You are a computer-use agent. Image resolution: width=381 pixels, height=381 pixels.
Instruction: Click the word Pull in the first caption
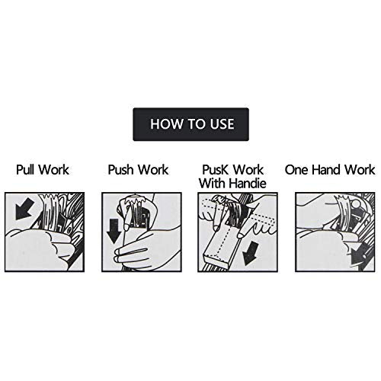click(x=25, y=169)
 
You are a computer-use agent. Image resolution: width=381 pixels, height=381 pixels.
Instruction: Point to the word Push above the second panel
click(x=120, y=170)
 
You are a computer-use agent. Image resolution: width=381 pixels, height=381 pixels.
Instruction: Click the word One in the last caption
click(x=296, y=169)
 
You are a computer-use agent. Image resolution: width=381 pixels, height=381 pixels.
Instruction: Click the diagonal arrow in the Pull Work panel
click(x=24, y=209)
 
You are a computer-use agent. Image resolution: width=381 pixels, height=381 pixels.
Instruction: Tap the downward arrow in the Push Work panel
click(x=114, y=231)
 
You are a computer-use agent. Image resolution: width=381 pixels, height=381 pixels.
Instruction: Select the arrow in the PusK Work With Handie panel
click(x=251, y=253)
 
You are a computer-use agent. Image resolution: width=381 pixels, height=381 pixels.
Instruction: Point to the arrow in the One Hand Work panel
click(x=358, y=255)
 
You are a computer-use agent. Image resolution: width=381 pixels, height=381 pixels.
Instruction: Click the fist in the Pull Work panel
click(x=38, y=249)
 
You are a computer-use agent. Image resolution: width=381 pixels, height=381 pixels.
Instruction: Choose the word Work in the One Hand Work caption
click(x=360, y=169)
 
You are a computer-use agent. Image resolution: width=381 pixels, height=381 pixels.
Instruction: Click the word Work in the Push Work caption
click(x=153, y=169)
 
